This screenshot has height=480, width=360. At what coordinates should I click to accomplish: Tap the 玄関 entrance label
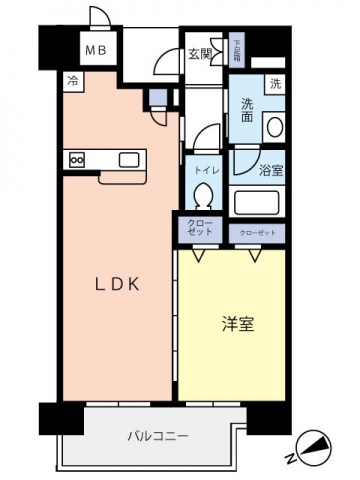[197, 54]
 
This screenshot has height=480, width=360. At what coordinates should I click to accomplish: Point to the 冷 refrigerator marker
[73, 80]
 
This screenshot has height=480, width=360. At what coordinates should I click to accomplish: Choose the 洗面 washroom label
[246, 110]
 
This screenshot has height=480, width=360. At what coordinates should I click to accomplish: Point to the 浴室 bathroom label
[269, 170]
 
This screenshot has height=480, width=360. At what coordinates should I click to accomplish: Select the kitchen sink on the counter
[130, 159]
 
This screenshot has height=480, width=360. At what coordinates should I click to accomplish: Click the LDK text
[115, 284]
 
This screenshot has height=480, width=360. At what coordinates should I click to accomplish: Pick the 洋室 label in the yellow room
[236, 324]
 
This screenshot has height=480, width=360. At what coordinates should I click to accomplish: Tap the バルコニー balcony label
[158, 436]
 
